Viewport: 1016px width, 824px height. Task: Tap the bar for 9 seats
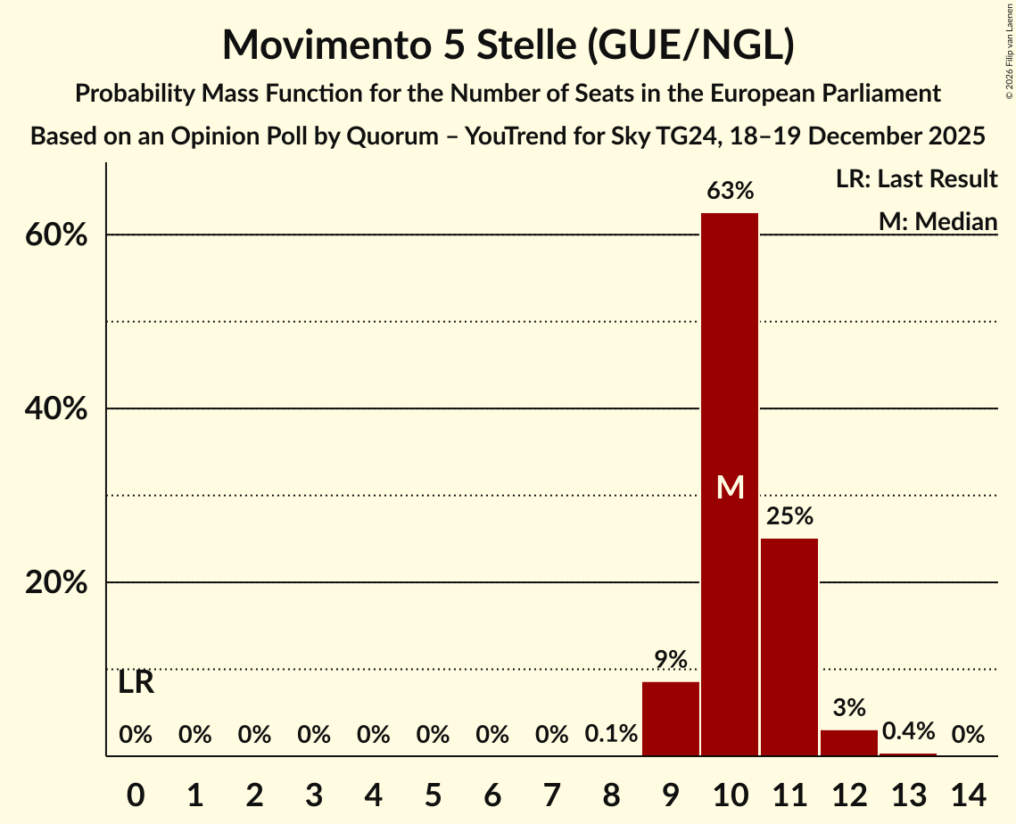pyautogui.click(x=671, y=719)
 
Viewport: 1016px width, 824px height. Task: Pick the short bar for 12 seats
pyautogui.click(x=849, y=743)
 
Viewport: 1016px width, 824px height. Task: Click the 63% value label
pyautogui.click(x=730, y=191)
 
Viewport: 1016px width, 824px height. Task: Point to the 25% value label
pyautogui.click(x=789, y=516)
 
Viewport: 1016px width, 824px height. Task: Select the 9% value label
pyautogui.click(x=671, y=660)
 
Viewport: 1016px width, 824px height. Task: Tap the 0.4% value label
pyautogui.click(x=908, y=732)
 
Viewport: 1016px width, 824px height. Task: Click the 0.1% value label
pyautogui.click(x=611, y=735)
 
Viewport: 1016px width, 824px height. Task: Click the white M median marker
pyautogui.click(x=730, y=487)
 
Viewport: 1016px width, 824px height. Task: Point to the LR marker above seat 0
pyautogui.click(x=136, y=683)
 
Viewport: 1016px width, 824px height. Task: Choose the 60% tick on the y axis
pyautogui.click(x=62, y=236)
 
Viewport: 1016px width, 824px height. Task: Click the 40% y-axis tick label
pyautogui.click(x=62, y=409)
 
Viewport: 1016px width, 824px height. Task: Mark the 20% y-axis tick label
pyautogui.click(x=62, y=583)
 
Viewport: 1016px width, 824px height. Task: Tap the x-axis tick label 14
pyautogui.click(x=968, y=793)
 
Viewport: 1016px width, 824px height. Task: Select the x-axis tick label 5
pyautogui.click(x=433, y=793)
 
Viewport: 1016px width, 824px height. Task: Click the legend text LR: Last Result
pyautogui.click(x=917, y=179)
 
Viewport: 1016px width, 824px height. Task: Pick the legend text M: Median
pyautogui.click(x=938, y=220)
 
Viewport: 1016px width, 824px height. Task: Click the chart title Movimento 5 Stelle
pyautogui.click(x=508, y=45)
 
